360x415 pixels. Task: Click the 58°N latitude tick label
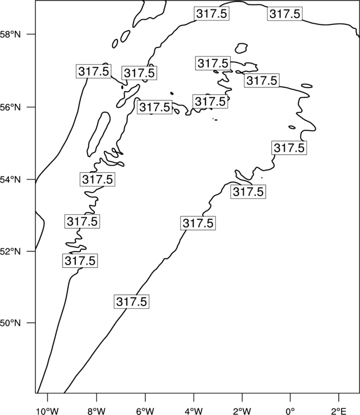(11, 34)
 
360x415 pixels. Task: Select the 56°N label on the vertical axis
(11, 107)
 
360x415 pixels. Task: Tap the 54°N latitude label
(11, 180)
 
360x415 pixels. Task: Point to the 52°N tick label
(11, 251)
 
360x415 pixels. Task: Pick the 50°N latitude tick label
(11, 323)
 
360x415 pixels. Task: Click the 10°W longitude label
(48, 411)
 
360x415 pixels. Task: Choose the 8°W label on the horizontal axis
(96, 411)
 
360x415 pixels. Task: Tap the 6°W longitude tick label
(145, 411)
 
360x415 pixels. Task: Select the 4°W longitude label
(194, 411)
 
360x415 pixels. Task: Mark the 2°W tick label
(242, 411)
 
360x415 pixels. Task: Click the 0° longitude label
(290, 411)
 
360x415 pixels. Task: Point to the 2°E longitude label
(339, 411)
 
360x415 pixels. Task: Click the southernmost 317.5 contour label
(132, 302)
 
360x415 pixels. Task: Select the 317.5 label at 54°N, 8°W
(97, 179)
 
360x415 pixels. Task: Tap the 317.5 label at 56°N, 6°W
(155, 107)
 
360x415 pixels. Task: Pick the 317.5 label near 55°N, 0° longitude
(289, 148)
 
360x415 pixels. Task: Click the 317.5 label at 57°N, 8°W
(94, 71)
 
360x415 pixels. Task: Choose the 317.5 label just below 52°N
(80, 261)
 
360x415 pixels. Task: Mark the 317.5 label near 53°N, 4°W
(198, 223)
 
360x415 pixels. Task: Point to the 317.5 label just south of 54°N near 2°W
(248, 191)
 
